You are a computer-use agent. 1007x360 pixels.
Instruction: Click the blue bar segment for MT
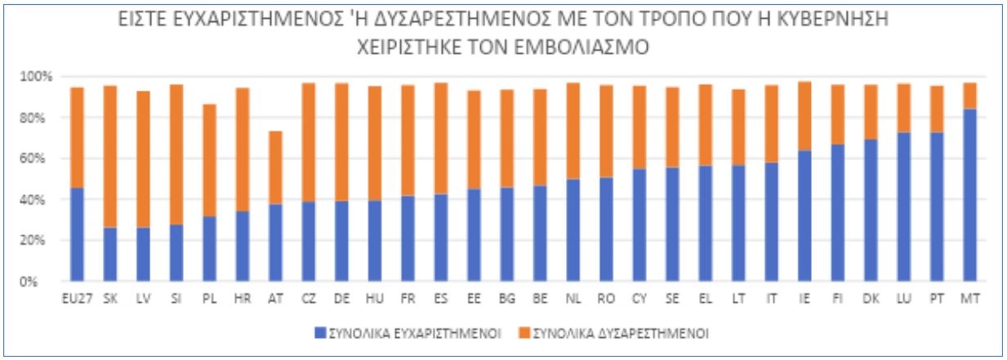[971, 196]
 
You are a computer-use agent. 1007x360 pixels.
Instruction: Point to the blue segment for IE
[804, 216]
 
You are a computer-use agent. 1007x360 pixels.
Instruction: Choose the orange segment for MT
[971, 96]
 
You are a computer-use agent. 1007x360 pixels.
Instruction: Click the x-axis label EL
[705, 300]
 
